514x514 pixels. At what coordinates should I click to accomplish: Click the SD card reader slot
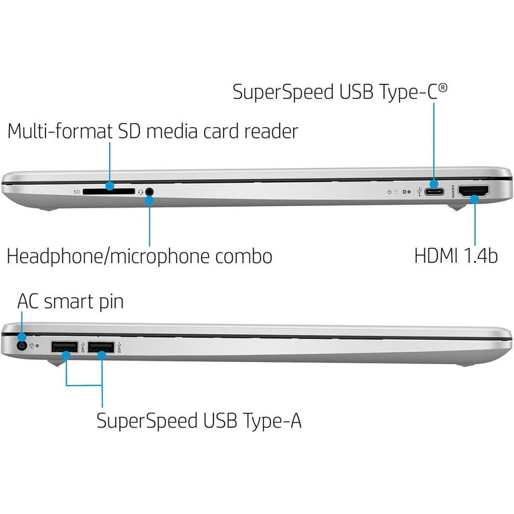(108, 191)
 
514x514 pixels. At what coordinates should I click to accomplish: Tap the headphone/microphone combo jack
(149, 191)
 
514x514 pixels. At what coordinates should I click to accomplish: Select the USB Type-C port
(434, 191)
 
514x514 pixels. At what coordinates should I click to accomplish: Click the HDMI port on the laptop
(473, 191)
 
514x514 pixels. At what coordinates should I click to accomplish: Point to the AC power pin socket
(22, 346)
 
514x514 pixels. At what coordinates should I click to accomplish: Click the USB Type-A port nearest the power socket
(64, 347)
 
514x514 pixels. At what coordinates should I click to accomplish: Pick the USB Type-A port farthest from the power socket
(101, 347)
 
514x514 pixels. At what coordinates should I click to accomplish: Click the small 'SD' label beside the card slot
(77, 192)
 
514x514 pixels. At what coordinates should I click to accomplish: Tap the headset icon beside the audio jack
(141, 192)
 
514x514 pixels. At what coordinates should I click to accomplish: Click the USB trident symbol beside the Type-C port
(419, 192)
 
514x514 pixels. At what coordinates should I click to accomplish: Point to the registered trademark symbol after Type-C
(442, 88)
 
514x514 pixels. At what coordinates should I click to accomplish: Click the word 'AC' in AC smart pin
(28, 302)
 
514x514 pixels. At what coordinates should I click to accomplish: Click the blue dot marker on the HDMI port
(475, 199)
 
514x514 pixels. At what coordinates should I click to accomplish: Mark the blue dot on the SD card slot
(110, 186)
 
